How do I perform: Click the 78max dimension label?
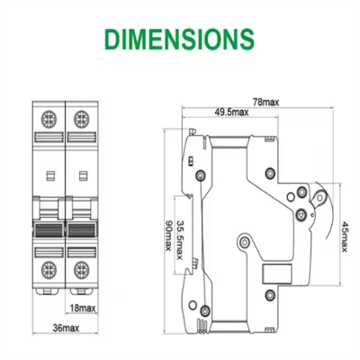click(266, 102)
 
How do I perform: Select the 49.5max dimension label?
click(232, 113)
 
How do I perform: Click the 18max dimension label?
click(83, 308)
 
